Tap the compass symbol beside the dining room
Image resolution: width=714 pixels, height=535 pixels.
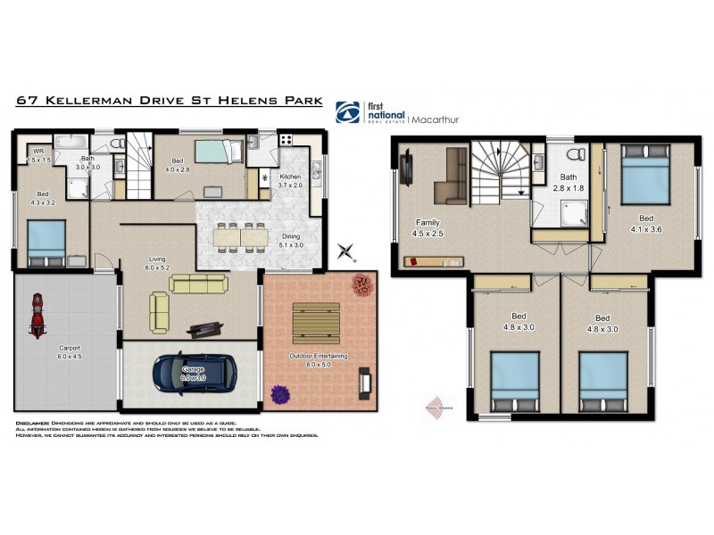click(345, 253)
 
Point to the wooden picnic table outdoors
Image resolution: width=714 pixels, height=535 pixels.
click(317, 318)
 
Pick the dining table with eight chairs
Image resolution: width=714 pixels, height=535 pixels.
click(241, 234)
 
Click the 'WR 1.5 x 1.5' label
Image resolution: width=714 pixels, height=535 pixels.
click(37, 155)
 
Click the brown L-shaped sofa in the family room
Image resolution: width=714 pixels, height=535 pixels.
click(450, 177)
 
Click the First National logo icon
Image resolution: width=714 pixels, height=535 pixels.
click(347, 111)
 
